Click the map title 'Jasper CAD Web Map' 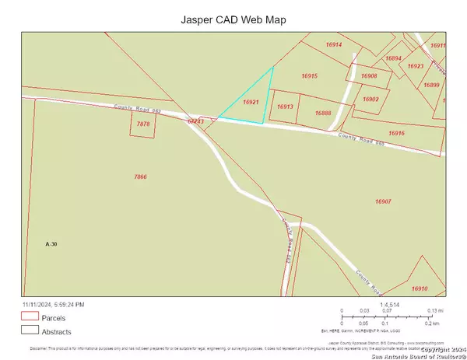click(233, 18)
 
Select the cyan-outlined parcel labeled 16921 click(251, 102)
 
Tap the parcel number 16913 click(284, 107)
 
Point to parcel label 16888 click(324, 114)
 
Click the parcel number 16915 click(310, 75)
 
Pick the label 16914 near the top click(334, 45)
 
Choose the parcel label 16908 click(369, 75)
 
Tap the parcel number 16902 click(370, 99)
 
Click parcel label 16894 click(394, 58)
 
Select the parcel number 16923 click(415, 66)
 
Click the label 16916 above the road click(396, 134)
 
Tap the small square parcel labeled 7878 click(143, 124)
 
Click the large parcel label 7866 click(140, 177)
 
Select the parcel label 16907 click(382, 201)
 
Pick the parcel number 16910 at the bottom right click(420, 288)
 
